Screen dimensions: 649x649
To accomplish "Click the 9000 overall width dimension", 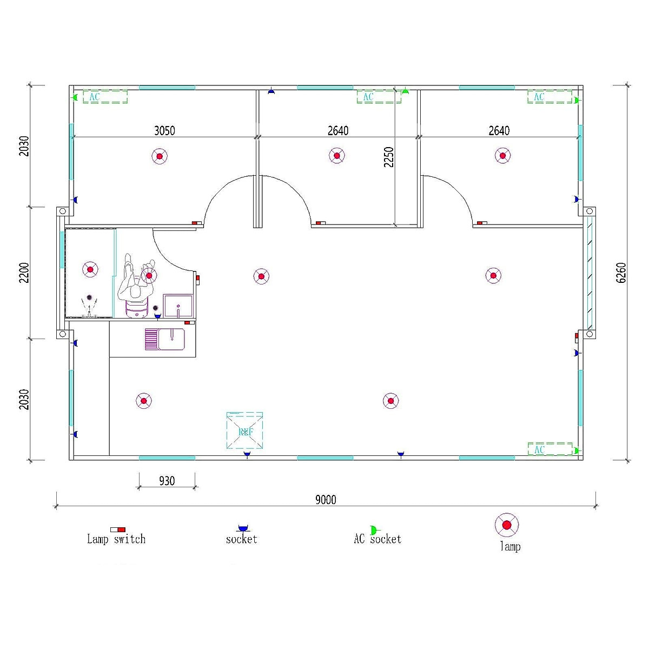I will pos(326,500).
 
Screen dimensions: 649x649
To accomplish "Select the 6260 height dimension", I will pos(621,273).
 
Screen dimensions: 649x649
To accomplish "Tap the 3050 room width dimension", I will pos(164,130).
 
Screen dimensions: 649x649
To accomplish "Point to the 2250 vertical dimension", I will pos(389,157).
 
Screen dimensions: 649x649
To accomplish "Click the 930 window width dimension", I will pos(167,481).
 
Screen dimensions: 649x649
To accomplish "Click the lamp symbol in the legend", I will pos(507,525).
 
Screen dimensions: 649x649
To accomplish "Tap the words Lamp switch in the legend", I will pos(116,539).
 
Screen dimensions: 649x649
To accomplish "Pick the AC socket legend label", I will pos(378,539).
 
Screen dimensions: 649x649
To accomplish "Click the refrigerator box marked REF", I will pos(245,431).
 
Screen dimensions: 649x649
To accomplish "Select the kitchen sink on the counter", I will pos(164,339).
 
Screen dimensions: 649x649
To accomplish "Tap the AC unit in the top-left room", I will pos(105,97).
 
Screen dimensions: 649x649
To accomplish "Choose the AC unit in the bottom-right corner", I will pos(549,449).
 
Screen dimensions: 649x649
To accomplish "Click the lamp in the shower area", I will pos(90,269).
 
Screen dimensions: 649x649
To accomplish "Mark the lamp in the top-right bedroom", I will pos(502,156).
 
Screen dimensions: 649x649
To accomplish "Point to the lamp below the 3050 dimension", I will pos(160,157).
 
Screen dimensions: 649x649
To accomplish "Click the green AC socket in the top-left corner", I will pos(76,97).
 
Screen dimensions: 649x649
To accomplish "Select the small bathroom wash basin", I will pos(178,306).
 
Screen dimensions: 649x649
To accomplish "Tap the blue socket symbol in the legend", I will pos(242,528).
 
